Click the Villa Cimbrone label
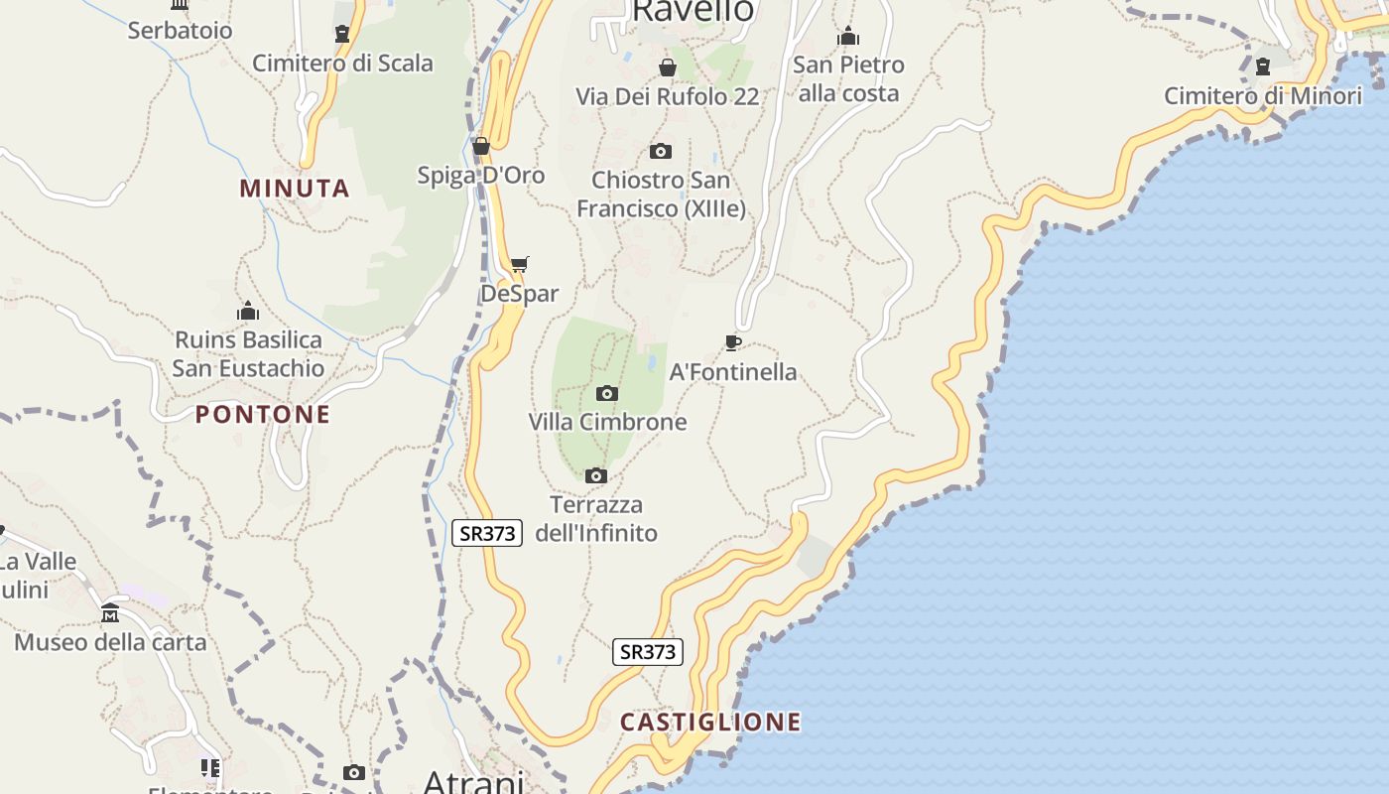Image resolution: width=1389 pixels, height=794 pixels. (x=607, y=422)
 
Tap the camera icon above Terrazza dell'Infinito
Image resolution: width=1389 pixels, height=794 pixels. (x=596, y=476)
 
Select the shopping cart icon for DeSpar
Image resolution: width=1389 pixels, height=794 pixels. (x=520, y=264)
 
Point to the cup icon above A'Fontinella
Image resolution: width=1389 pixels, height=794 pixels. (x=733, y=342)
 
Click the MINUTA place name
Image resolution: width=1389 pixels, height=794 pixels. (x=295, y=189)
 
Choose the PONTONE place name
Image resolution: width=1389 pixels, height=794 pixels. (x=263, y=415)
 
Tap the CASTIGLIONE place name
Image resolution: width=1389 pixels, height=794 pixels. (x=710, y=722)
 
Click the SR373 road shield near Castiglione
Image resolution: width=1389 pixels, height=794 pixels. (x=648, y=652)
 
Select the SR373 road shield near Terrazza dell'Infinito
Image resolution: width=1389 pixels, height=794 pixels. (x=487, y=533)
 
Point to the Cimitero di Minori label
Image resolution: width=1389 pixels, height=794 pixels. (x=1263, y=96)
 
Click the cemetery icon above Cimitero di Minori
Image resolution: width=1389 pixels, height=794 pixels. (x=1263, y=66)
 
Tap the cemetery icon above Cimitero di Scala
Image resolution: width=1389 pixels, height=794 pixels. (x=342, y=34)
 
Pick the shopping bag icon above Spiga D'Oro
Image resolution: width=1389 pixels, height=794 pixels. (x=481, y=146)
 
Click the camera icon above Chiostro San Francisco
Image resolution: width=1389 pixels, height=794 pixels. (x=661, y=151)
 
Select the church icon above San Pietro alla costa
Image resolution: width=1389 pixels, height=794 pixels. (x=848, y=36)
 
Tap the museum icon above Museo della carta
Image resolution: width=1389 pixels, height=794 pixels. (x=110, y=612)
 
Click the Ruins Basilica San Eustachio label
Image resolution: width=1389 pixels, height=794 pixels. (x=248, y=354)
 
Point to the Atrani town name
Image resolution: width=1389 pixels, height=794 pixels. (x=473, y=782)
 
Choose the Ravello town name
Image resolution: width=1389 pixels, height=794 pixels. (x=693, y=10)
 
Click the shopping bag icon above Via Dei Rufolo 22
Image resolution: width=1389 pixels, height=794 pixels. (x=668, y=67)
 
